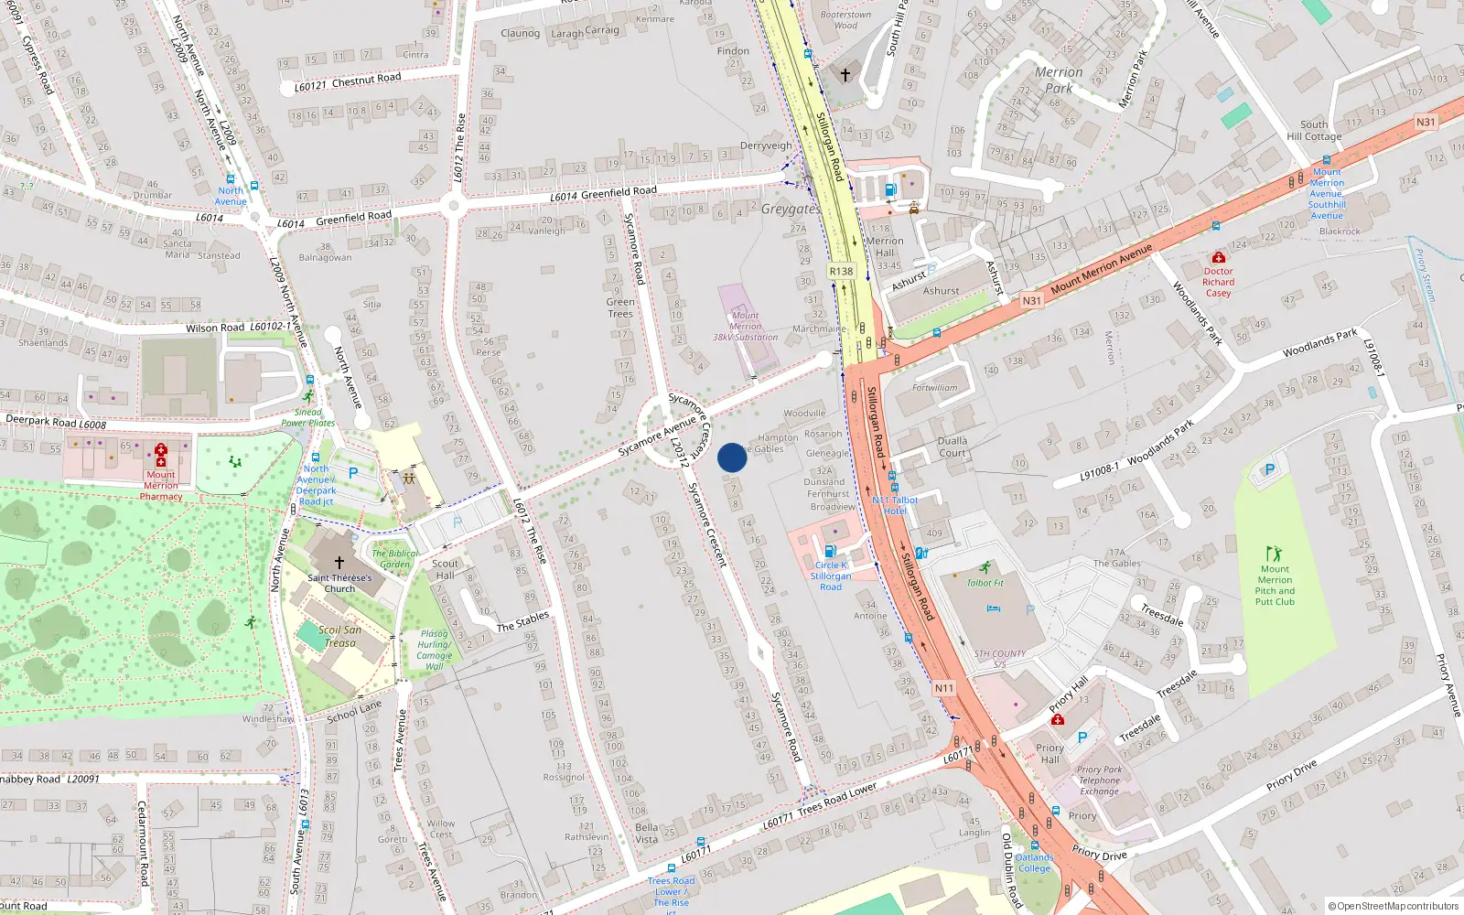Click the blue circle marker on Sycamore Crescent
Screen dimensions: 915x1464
732,457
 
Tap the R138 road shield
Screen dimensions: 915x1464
841,271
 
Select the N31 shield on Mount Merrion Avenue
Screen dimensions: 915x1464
1031,300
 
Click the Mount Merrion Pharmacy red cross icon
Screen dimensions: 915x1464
161,455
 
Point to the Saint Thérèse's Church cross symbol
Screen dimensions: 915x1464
339,563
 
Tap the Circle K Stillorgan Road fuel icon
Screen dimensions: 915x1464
830,551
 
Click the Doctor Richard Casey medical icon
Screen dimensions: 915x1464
1218,258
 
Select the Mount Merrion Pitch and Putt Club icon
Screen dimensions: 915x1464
1274,554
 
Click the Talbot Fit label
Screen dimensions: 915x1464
985,583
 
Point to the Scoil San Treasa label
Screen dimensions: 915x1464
340,636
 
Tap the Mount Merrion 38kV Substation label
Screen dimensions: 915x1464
746,327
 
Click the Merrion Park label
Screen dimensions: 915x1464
1059,80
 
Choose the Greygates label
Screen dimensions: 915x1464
790,210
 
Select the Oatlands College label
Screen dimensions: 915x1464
1035,863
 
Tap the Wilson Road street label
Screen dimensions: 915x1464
215,328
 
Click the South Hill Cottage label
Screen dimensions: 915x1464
1314,131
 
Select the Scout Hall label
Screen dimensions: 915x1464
445,569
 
